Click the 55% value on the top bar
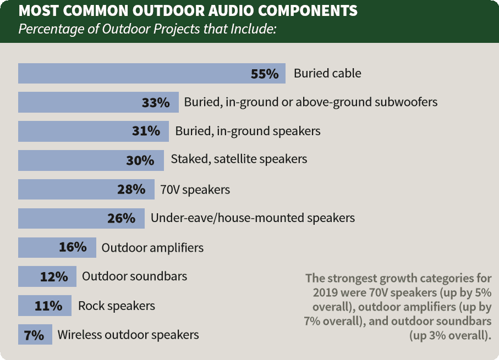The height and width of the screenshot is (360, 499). point(265,74)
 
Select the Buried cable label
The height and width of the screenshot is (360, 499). point(327,74)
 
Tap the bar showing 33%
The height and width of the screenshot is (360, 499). point(98,102)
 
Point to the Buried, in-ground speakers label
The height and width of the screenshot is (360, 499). point(248,131)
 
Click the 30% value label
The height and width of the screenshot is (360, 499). point(140,160)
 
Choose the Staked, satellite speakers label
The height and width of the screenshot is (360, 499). point(239,159)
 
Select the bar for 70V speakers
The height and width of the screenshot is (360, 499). point(86,190)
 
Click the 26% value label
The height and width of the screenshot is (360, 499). point(121,218)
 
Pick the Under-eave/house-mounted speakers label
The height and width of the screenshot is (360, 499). point(253,218)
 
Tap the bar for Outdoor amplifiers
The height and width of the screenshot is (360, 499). point(57,247)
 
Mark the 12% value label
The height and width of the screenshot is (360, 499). point(54,276)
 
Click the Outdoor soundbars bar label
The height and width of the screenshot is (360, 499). point(135,276)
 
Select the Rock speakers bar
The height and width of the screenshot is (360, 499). point(45,306)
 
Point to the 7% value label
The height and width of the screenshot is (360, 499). point(34,335)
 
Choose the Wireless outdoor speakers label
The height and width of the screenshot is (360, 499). point(128,335)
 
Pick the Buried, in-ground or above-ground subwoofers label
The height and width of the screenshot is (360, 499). point(311,102)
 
